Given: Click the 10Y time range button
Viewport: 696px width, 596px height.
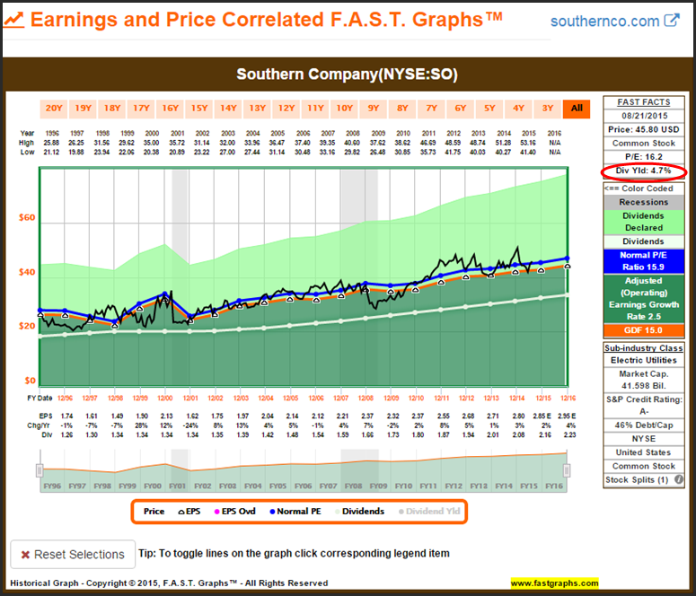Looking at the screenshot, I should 344,109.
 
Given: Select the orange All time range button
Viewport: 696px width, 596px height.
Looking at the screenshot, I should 577,109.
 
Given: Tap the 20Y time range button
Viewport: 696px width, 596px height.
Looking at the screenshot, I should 54,109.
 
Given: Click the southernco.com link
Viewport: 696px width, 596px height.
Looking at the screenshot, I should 606,21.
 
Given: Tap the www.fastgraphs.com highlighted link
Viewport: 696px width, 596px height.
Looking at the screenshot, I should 554,583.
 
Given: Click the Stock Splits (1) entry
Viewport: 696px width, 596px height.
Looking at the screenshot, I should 642,480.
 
